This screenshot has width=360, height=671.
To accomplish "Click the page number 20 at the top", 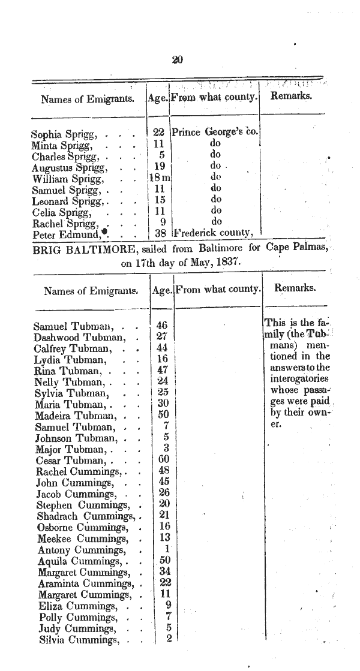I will click(177, 59).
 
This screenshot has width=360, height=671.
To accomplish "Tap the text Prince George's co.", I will click(214, 133).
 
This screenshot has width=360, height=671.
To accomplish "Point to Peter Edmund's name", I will click(62, 234).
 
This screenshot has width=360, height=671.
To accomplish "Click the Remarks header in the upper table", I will click(291, 97).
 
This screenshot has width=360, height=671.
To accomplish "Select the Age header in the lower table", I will click(162, 290).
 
